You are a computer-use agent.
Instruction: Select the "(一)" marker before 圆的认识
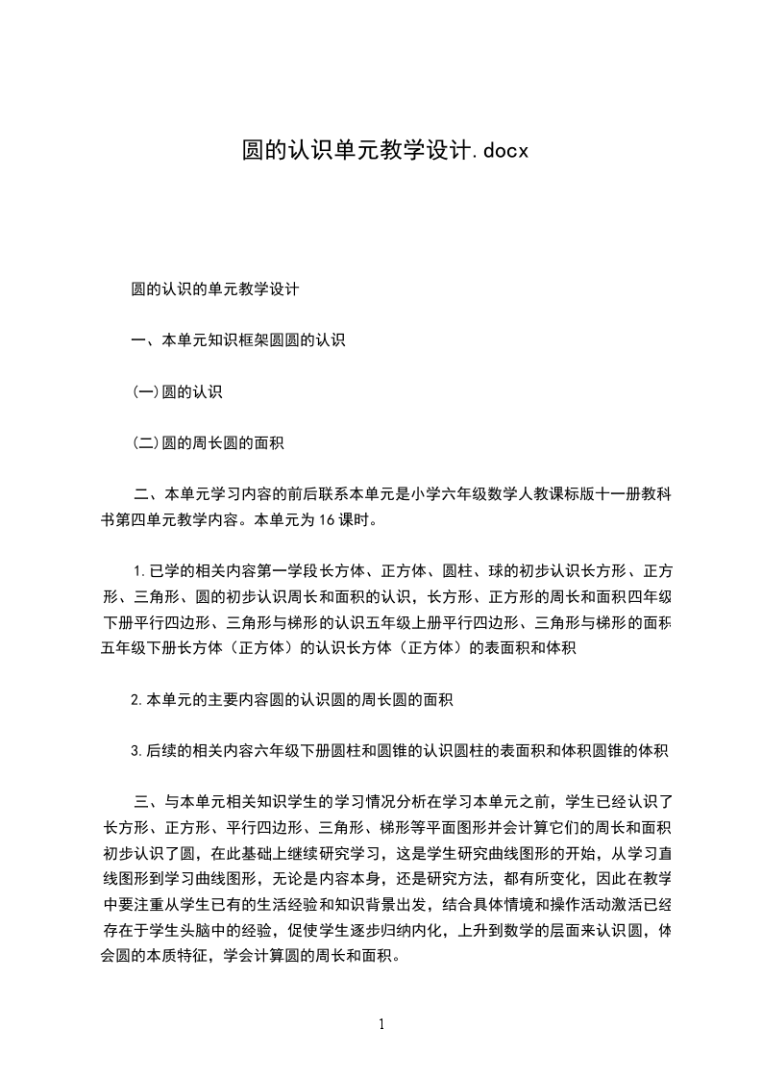pos(145,391)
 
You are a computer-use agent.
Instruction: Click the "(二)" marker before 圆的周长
pos(145,443)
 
